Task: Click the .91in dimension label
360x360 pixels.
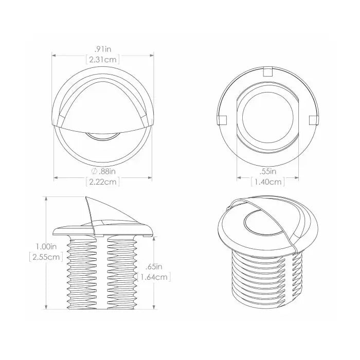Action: coord(103,49)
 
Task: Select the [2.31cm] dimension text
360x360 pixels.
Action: coord(103,60)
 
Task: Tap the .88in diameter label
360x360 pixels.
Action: coord(107,171)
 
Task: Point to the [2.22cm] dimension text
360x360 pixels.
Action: coord(103,182)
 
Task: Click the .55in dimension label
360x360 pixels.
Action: coord(268,171)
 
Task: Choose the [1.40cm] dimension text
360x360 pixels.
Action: coord(268,182)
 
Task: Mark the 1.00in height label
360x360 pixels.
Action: coord(46,246)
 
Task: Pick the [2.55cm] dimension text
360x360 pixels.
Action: coord(46,257)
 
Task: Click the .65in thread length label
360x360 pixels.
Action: coord(154,267)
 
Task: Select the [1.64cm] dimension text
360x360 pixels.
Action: coord(154,277)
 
